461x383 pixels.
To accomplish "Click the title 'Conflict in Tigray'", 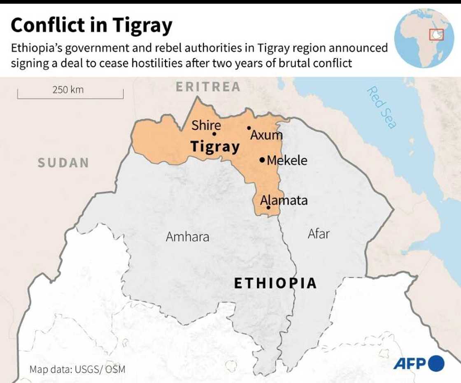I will [91, 26].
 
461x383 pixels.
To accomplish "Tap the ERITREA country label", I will [208, 87].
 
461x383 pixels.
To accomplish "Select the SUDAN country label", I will [63, 163].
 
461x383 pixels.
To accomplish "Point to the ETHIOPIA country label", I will [275, 283].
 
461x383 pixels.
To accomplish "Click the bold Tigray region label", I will [215, 147].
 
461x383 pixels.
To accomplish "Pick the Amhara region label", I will [187, 237].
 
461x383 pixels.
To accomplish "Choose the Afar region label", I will [319, 234].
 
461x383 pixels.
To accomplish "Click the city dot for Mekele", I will [262, 160].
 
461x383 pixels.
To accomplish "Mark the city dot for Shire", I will [214, 134].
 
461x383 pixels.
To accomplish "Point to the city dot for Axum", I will [249, 128].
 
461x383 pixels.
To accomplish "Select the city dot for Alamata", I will [268, 208].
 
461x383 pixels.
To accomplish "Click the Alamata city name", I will [284, 200].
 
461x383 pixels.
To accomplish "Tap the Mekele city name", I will [287, 160].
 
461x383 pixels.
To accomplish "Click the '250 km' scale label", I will [68, 89].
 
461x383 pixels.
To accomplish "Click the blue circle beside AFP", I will [436, 363].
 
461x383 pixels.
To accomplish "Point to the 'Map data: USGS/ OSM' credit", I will [77, 369].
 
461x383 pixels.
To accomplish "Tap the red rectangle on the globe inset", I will [436, 35].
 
